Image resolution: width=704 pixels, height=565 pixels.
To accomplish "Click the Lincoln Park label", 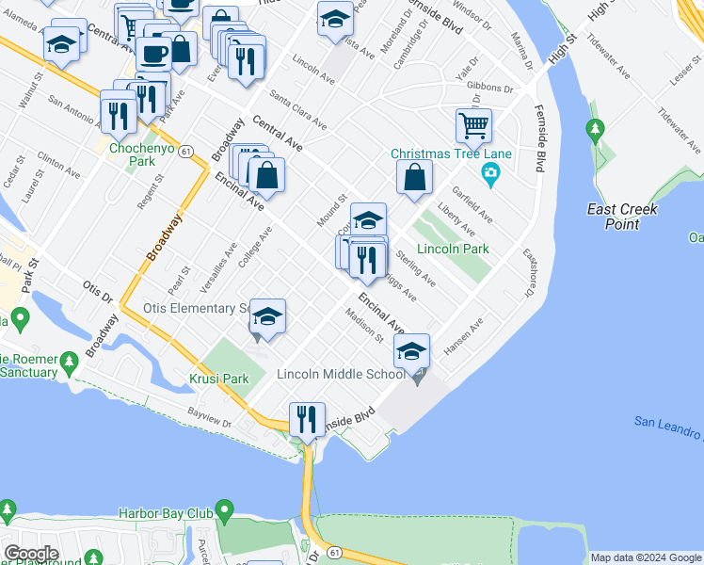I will click(453, 250).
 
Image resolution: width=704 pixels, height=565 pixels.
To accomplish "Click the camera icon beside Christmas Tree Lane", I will click(490, 172).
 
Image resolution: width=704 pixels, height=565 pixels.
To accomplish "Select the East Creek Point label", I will click(613, 217).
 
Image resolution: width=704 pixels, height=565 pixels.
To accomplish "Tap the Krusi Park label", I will click(222, 379).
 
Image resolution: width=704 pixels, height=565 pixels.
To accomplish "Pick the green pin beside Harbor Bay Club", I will click(223, 512).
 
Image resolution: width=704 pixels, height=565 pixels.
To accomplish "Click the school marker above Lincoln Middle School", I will click(411, 352).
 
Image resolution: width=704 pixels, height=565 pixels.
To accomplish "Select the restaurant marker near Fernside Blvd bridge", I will click(307, 420).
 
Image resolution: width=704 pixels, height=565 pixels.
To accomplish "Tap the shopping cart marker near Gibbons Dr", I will click(473, 125).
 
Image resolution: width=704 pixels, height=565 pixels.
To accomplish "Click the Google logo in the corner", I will click(31, 554).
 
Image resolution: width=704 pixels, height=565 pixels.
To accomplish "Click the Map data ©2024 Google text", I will click(646, 557).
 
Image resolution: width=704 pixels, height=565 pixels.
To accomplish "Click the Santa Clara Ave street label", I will click(297, 109).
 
